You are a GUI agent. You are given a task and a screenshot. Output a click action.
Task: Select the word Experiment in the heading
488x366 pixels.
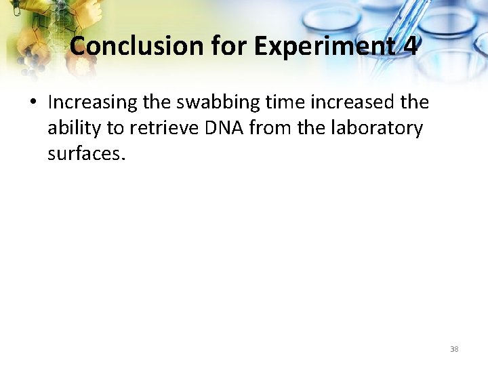[323, 46]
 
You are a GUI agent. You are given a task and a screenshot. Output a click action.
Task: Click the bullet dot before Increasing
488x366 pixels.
[32, 102]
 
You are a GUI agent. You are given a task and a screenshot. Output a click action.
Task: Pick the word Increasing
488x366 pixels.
[92, 102]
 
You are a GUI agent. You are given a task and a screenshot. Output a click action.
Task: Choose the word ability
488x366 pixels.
[74, 128]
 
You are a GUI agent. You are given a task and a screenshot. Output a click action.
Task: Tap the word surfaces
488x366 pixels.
[84, 154]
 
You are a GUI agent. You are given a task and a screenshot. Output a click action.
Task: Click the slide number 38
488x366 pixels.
[454, 349]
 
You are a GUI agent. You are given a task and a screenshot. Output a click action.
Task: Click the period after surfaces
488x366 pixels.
[123, 159]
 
